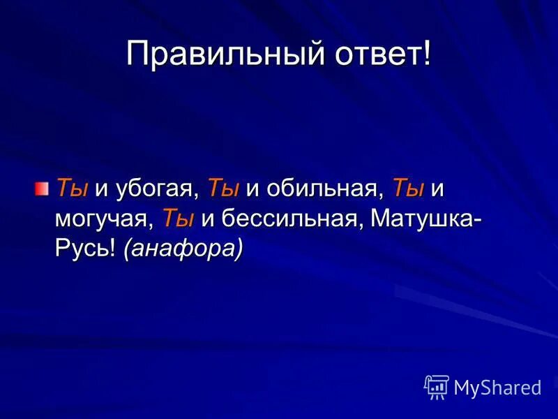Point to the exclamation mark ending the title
click(x=427, y=54)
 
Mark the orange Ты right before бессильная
click(x=178, y=218)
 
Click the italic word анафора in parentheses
click(x=183, y=249)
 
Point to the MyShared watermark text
click(x=497, y=388)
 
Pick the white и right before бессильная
click(x=207, y=219)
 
